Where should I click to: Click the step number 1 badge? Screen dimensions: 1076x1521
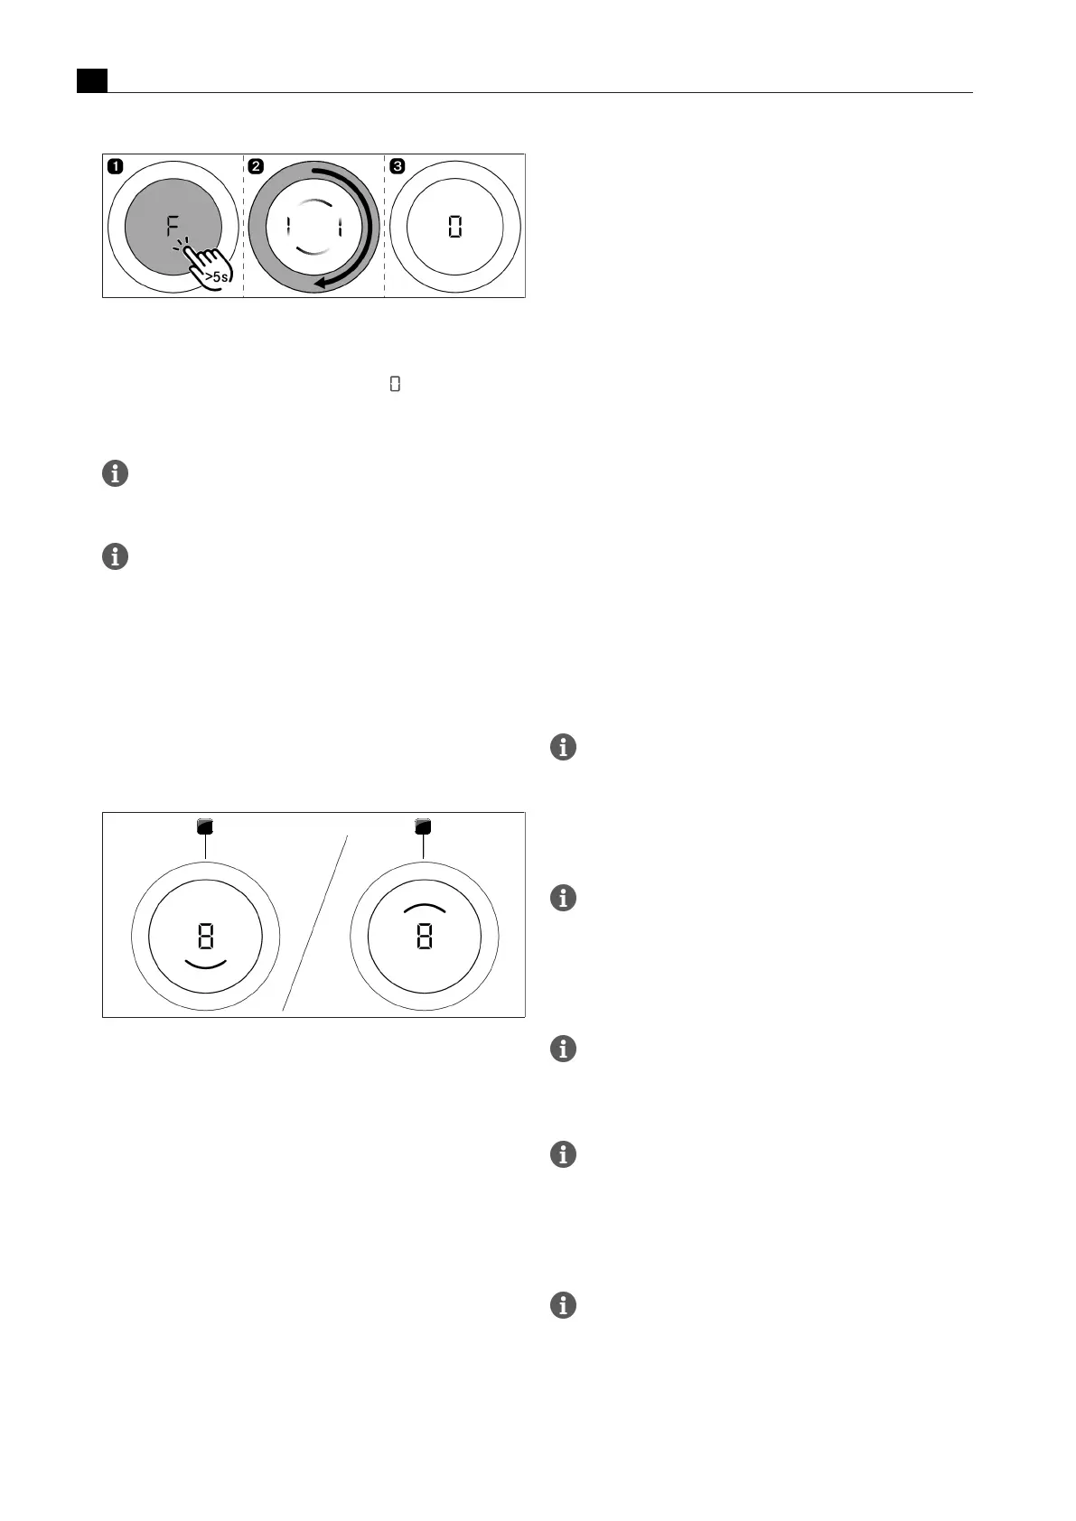pos(115,166)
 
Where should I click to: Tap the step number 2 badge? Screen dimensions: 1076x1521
pos(257,166)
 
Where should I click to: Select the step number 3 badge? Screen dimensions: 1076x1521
pos(398,166)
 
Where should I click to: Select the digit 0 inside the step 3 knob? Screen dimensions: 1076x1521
pos(455,227)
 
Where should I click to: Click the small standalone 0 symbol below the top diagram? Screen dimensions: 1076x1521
pos(395,385)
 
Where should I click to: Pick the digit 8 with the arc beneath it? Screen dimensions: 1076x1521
pos(206,937)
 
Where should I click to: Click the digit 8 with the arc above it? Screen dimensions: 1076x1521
pos(424,937)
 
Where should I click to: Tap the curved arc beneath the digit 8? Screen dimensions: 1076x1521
pos(206,964)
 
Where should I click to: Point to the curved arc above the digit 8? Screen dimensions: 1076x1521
pos(424,906)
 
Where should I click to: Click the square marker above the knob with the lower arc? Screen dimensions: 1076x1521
pos(206,826)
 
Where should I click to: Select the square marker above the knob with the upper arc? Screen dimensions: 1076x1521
pos(423,826)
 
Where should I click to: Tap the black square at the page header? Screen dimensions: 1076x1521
pos(91,80)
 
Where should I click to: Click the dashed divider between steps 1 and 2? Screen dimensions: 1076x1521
pos(244,226)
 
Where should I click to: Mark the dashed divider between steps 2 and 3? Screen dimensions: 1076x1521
pos(385,226)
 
